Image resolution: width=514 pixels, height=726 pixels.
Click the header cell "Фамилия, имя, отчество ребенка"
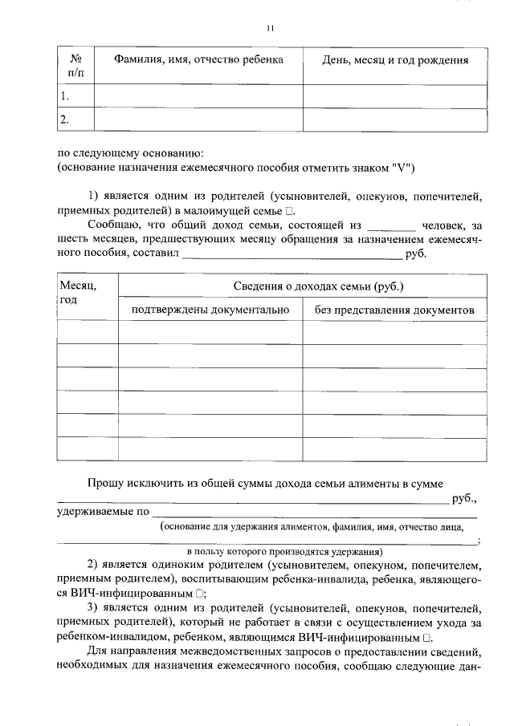coord(198,60)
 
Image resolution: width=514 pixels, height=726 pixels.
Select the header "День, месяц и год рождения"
coord(394,60)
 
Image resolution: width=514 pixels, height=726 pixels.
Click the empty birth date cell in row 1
coord(394,96)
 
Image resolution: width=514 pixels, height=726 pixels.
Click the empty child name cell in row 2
coord(198,120)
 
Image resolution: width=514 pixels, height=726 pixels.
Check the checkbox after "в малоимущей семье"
coord(290,210)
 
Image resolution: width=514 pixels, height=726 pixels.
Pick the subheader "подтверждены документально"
coord(210,310)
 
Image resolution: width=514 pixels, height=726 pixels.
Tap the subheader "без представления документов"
coord(394,310)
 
